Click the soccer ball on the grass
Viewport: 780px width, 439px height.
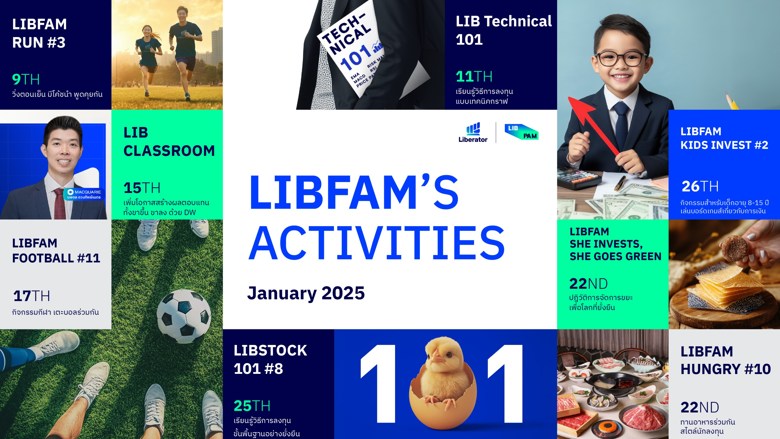coord(184,316)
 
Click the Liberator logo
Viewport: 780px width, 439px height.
coord(473,132)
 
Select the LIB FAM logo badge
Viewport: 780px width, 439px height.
coord(522,132)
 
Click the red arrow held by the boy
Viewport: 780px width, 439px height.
coord(593,126)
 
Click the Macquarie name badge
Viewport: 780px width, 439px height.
coord(84,194)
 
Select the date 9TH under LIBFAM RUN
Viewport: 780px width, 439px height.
coord(26,79)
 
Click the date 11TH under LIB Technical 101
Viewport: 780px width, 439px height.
coord(474,76)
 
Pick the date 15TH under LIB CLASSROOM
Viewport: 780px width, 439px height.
coord(142,187)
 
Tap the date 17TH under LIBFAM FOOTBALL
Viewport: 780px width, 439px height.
coord(31,296)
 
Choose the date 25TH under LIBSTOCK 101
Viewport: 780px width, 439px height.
coord(252,406)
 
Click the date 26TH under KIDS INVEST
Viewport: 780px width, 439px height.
coord(700,186)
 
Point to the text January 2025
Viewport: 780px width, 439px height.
coord(306,293)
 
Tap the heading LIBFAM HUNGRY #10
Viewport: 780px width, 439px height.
coord(725,360)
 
